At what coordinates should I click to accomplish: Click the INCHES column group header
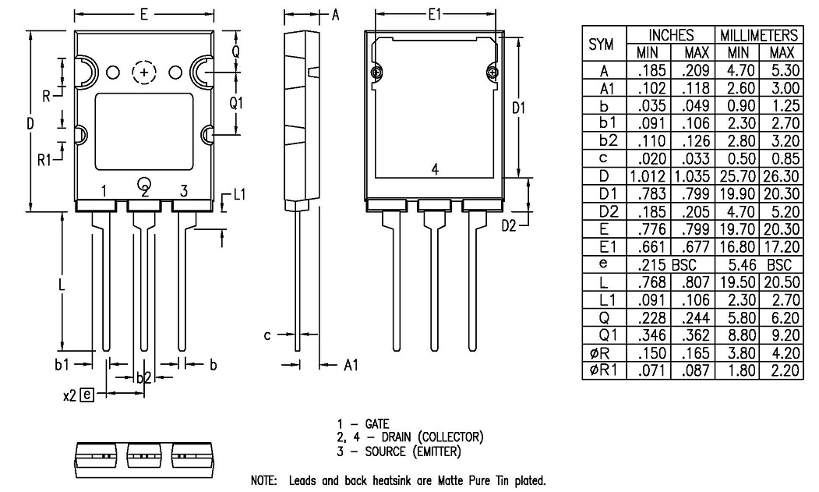671,36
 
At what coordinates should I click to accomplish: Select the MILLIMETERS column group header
758,36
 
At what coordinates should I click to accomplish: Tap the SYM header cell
601,45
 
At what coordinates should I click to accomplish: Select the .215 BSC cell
671,266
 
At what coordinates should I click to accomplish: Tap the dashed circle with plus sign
144,73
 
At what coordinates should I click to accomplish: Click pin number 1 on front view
104,191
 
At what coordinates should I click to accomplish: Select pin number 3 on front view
184,191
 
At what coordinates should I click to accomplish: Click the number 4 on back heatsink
435,169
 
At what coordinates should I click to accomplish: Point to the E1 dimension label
435,15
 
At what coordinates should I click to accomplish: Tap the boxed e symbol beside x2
86,395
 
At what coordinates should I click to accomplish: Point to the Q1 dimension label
237,103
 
